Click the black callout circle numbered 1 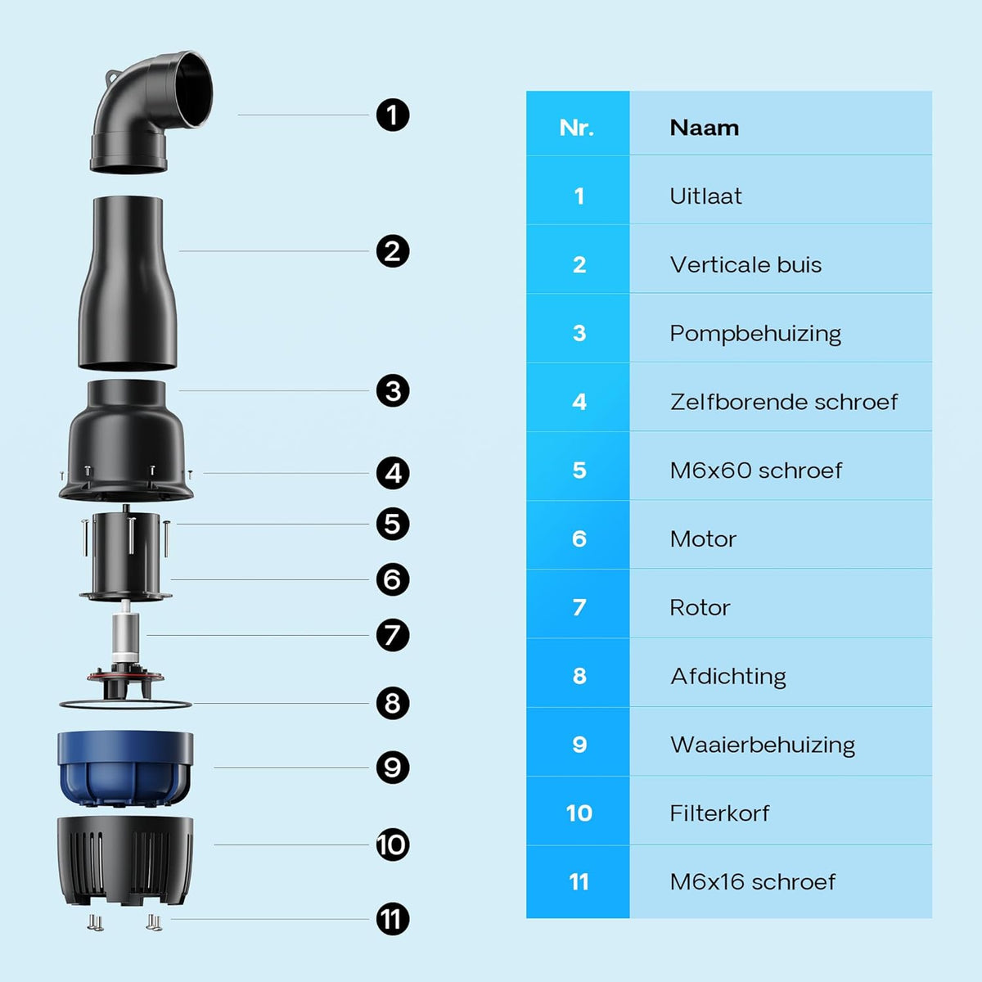pyautogui.click(x=393, y=115)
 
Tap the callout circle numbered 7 pyautogui.click(x=393, y=635)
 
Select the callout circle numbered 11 pyautogui.click(x=393, y=919)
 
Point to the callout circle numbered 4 pyautogui.click(x=393, y=473)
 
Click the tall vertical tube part pyautogui.click(x=128, y=283)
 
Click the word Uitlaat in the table pyautogui.click(x=705, y=196)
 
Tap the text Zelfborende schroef pyautogui.click(x=783, y=402)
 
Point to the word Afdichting pyautogui.click(x=727, y=677)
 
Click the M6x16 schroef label pyautogui.click(x=752, y=882)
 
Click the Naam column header pyautogui.click(x=704, y=128)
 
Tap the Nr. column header pyautogui.click(x=577, y=128)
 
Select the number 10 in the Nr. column pyautogui.click(x=579, y=813)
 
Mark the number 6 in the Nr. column pyautogui.click(x=579, y=538)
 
